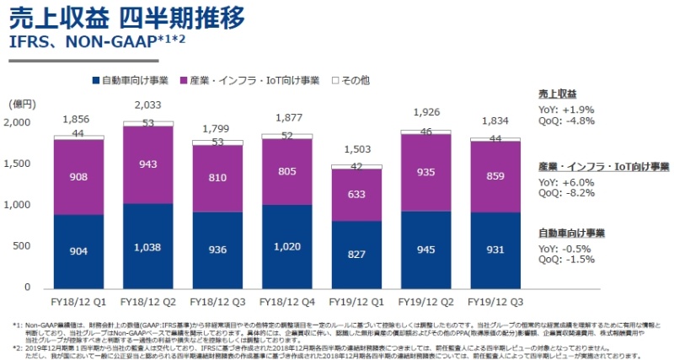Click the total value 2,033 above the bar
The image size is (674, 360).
147,105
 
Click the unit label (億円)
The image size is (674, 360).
23,104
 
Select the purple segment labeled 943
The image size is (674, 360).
147,164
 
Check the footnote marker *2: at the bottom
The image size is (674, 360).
16,346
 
